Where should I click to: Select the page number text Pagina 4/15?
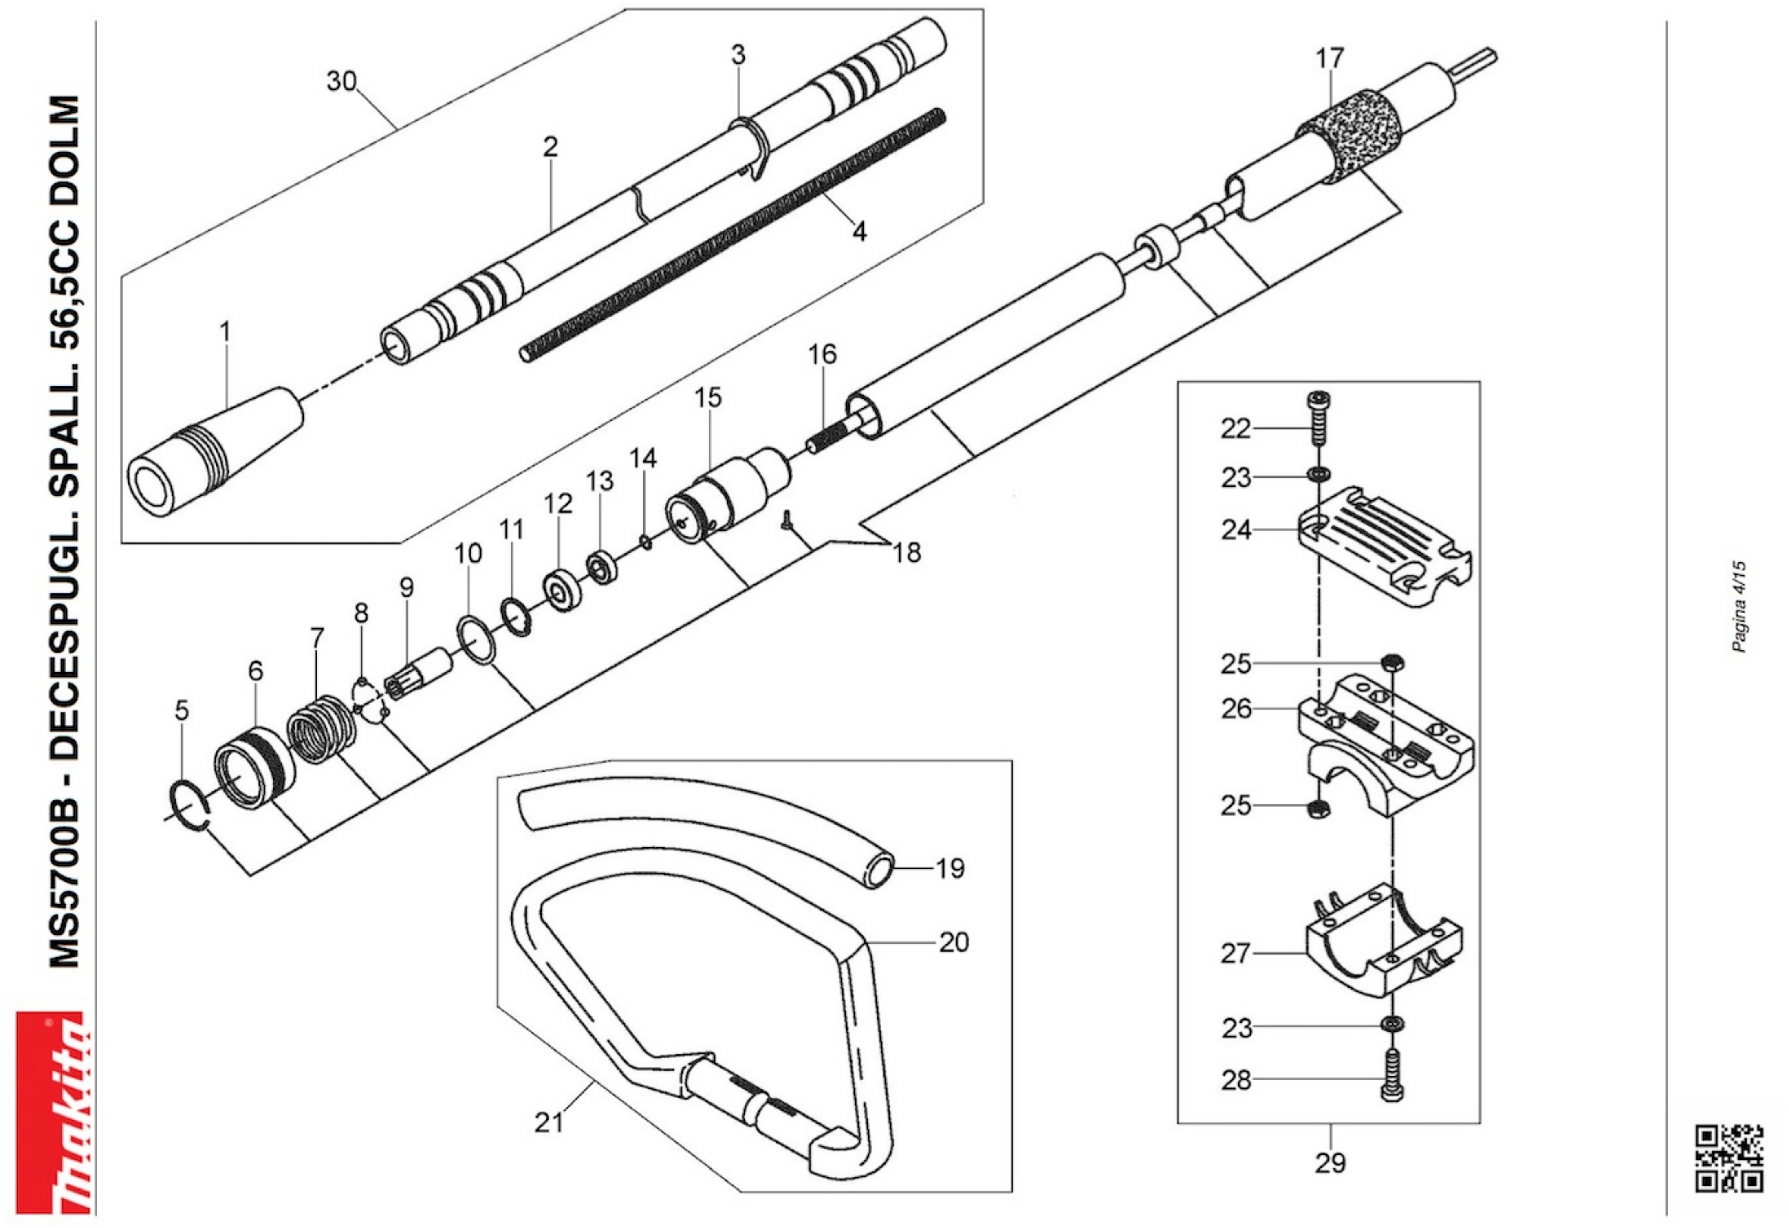pos(1738,607)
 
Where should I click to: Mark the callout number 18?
pos(906,552)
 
